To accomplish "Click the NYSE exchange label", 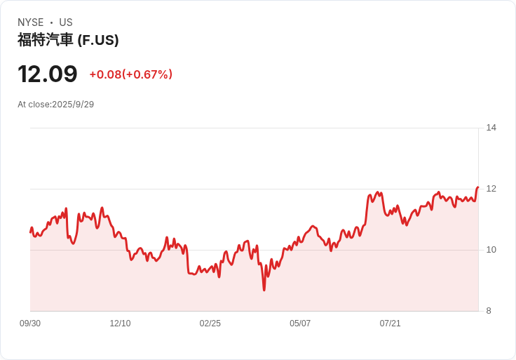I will pos(30,22).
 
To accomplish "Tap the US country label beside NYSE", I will pos(66,22).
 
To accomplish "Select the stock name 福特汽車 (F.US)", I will pos(68,40).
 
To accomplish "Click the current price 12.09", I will pos(48,74).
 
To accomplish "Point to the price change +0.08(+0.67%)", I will pos(130,74).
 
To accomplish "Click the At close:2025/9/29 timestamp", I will pos(55,105).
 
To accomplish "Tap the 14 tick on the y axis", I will pos(491,128).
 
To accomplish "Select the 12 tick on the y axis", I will pos(491,189).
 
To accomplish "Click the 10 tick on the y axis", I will pos(491,250).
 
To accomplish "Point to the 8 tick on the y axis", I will pos(489,311).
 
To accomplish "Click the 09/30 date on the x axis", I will pos(30,324).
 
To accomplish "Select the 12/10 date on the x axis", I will pos(120,324).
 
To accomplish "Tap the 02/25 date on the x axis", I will pos(210,324).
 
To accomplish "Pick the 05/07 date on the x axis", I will pos(300,324).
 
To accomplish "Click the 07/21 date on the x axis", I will pos(390,324).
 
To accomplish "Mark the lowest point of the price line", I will pos(264,289).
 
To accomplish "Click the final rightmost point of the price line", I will pos(477,187).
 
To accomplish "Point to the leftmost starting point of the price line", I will pos(30,232).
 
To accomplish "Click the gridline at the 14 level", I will pos(252,128).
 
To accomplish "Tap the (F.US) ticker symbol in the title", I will pos(97,40).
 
